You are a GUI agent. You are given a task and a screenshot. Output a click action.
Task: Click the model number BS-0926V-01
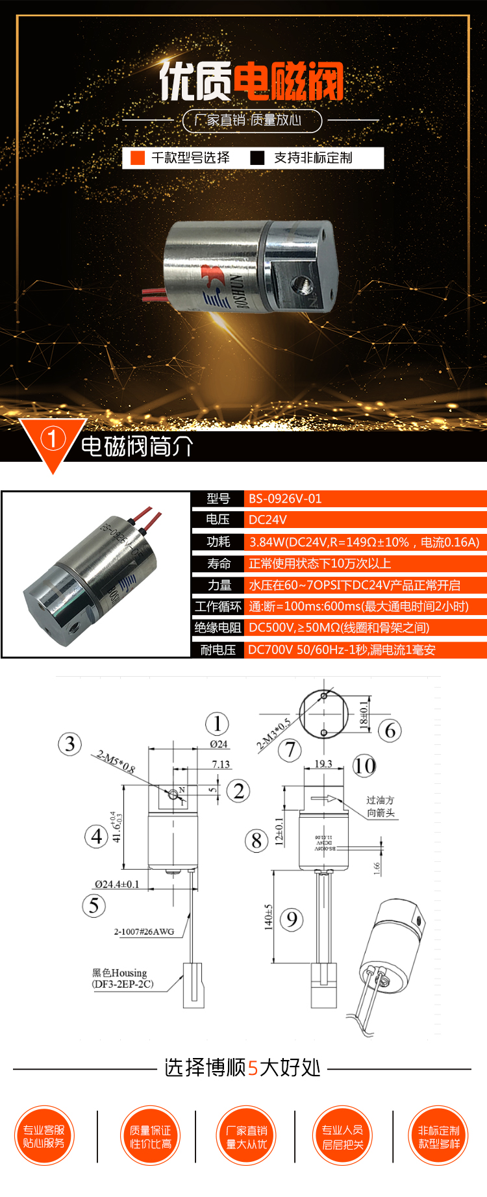(285, 499)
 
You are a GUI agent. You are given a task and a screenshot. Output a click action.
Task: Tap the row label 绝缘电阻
(218, 627)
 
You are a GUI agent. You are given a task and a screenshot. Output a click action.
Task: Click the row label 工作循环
(218, 606)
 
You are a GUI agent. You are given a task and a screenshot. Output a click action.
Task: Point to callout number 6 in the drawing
(390, 730)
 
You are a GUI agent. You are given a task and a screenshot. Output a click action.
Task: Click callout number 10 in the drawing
(364, 766)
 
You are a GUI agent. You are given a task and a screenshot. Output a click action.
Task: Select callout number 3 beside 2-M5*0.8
(70, 744)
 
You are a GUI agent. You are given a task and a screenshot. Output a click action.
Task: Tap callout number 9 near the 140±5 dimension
(292, 919)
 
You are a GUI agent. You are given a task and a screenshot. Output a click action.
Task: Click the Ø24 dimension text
(218, 744)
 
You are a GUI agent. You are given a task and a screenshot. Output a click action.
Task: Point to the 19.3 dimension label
(323, 764)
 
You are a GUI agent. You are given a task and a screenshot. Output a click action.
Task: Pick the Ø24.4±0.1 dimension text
(117, 884)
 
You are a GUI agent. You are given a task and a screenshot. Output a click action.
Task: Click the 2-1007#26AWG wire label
(144, 931)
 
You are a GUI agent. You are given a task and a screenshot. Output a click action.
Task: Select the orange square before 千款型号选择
(138, 158)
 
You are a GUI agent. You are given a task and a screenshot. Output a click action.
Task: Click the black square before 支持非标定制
(258, 158)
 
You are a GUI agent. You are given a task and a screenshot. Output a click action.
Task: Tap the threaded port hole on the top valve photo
(301, 283)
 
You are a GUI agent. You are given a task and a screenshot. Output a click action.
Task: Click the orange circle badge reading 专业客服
(44, 1136)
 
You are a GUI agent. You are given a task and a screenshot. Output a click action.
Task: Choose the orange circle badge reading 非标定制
(439, 1136)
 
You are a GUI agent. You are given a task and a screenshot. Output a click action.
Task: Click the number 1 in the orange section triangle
(53, 438)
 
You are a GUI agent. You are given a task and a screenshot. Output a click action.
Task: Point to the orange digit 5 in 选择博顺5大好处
(253, 1068)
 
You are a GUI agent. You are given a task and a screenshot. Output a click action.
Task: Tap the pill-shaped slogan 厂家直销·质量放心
(252, 120)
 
